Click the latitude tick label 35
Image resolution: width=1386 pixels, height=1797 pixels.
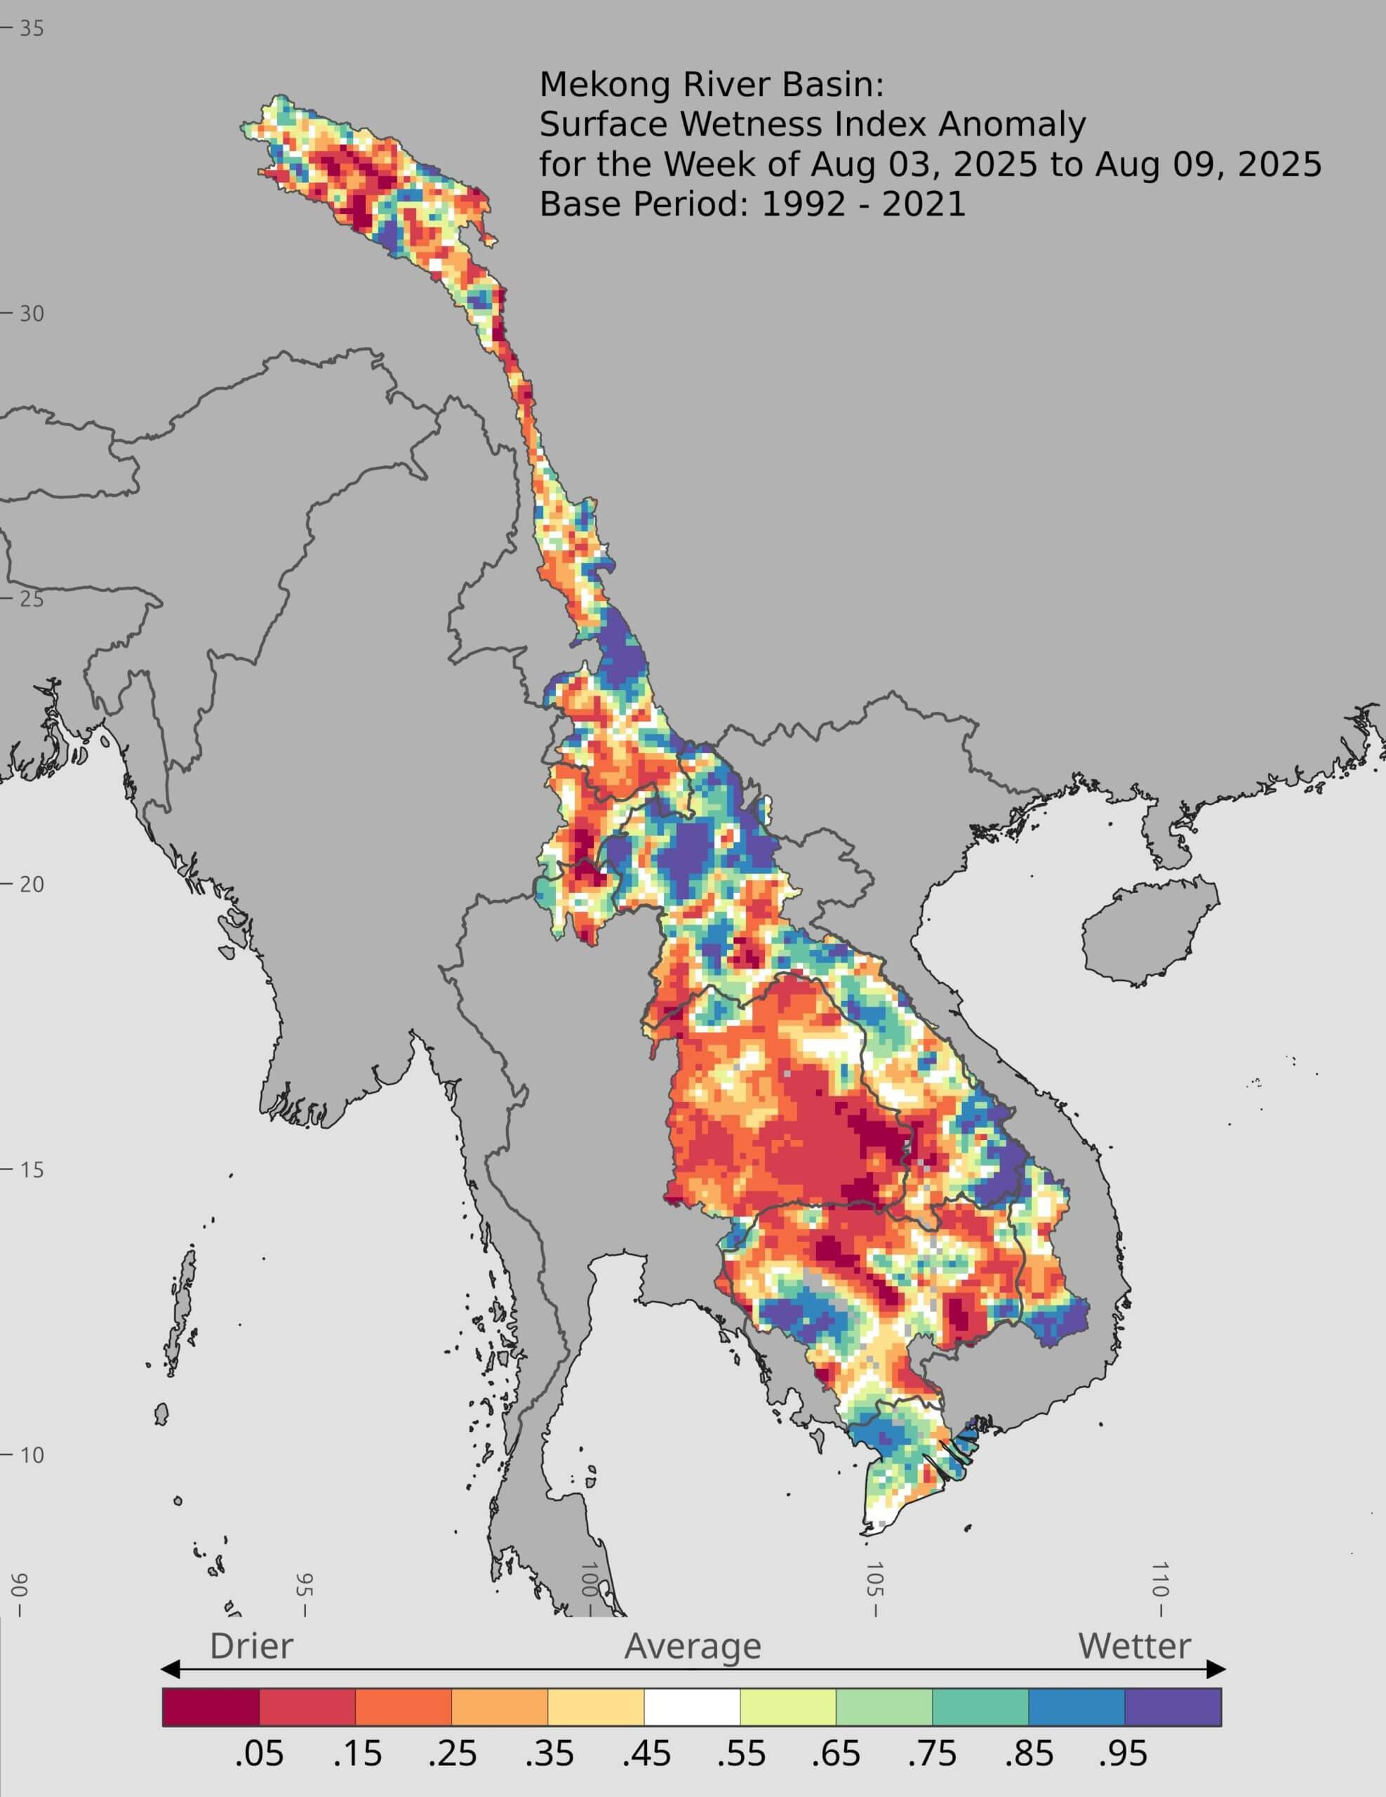pyautogui.click(x=32, y=28)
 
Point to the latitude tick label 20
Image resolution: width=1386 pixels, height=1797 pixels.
pyautogui.click(x=32, y=884)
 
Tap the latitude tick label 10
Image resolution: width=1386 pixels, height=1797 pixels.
pyautogui.click(x=32, y=1454)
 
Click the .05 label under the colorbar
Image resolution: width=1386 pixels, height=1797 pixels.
pyautogui.click(x=259, y=1753)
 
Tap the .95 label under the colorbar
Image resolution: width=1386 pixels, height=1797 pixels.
pyautogui.click(x=1123, y=1753)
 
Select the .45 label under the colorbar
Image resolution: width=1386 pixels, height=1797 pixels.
pyautogui.click(x=646, y=1753)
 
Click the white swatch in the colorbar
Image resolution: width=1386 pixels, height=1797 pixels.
pyautogui.click(x=692, y=1707)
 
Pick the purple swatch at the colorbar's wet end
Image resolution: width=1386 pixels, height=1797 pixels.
pyautogui.click(x=1173, y=1707)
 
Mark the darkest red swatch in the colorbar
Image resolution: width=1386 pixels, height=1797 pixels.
pyautogui.click(x=211, y=1707)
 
